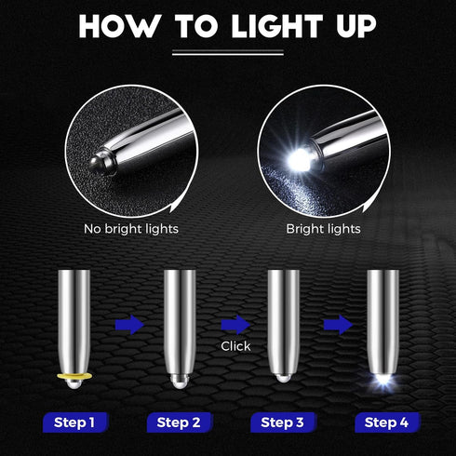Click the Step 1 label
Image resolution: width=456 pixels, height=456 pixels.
(74, 422)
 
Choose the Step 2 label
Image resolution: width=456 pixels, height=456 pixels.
(178, 422)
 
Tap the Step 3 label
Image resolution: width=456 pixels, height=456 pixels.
(282, 422)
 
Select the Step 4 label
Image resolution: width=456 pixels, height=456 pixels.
(386, 422)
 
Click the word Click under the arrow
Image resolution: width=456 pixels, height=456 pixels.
(236, 345)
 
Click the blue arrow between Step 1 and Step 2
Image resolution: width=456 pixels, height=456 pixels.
(131, 325)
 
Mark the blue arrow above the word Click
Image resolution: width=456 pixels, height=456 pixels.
(236, 325)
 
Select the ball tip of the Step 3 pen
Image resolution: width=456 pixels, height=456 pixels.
(282, 379)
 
